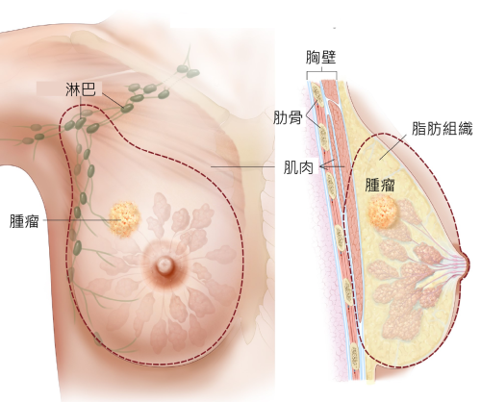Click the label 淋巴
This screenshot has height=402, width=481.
click(x=81, y=89)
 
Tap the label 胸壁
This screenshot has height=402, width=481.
click(x=320, y=58)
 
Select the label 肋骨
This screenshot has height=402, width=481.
click(x=288, y=117)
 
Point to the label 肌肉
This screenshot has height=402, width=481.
click(x=298, y=167)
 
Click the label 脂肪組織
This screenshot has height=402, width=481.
click(x=443, y=129)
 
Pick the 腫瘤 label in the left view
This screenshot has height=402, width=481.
click(x=24, y=220)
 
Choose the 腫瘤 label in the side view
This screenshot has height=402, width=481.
click(x=380, y=185)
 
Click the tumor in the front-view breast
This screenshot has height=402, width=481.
click(x=124, y=219)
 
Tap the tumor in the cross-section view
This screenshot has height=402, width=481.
click(x=383, y=212)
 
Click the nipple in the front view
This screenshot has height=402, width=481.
click(x=165, y=265)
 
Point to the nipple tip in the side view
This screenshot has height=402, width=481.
click(x=468, y=264)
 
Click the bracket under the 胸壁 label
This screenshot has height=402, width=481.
click(x=321, y=72)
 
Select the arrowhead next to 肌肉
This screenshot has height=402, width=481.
click(x=323, y=166)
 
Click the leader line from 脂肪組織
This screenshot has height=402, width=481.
click(x=393, y=147)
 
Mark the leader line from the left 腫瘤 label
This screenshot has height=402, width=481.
click(x=82, y=220)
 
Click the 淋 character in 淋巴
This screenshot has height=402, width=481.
click(x=73, y=89)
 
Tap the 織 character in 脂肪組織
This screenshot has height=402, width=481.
click(x=466, y=129)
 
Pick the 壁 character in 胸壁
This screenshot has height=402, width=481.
click(x=328, y=58)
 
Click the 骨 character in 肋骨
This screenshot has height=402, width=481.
click(x=295, y=117)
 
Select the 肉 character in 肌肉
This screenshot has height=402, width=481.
click(x=306, y=167)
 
